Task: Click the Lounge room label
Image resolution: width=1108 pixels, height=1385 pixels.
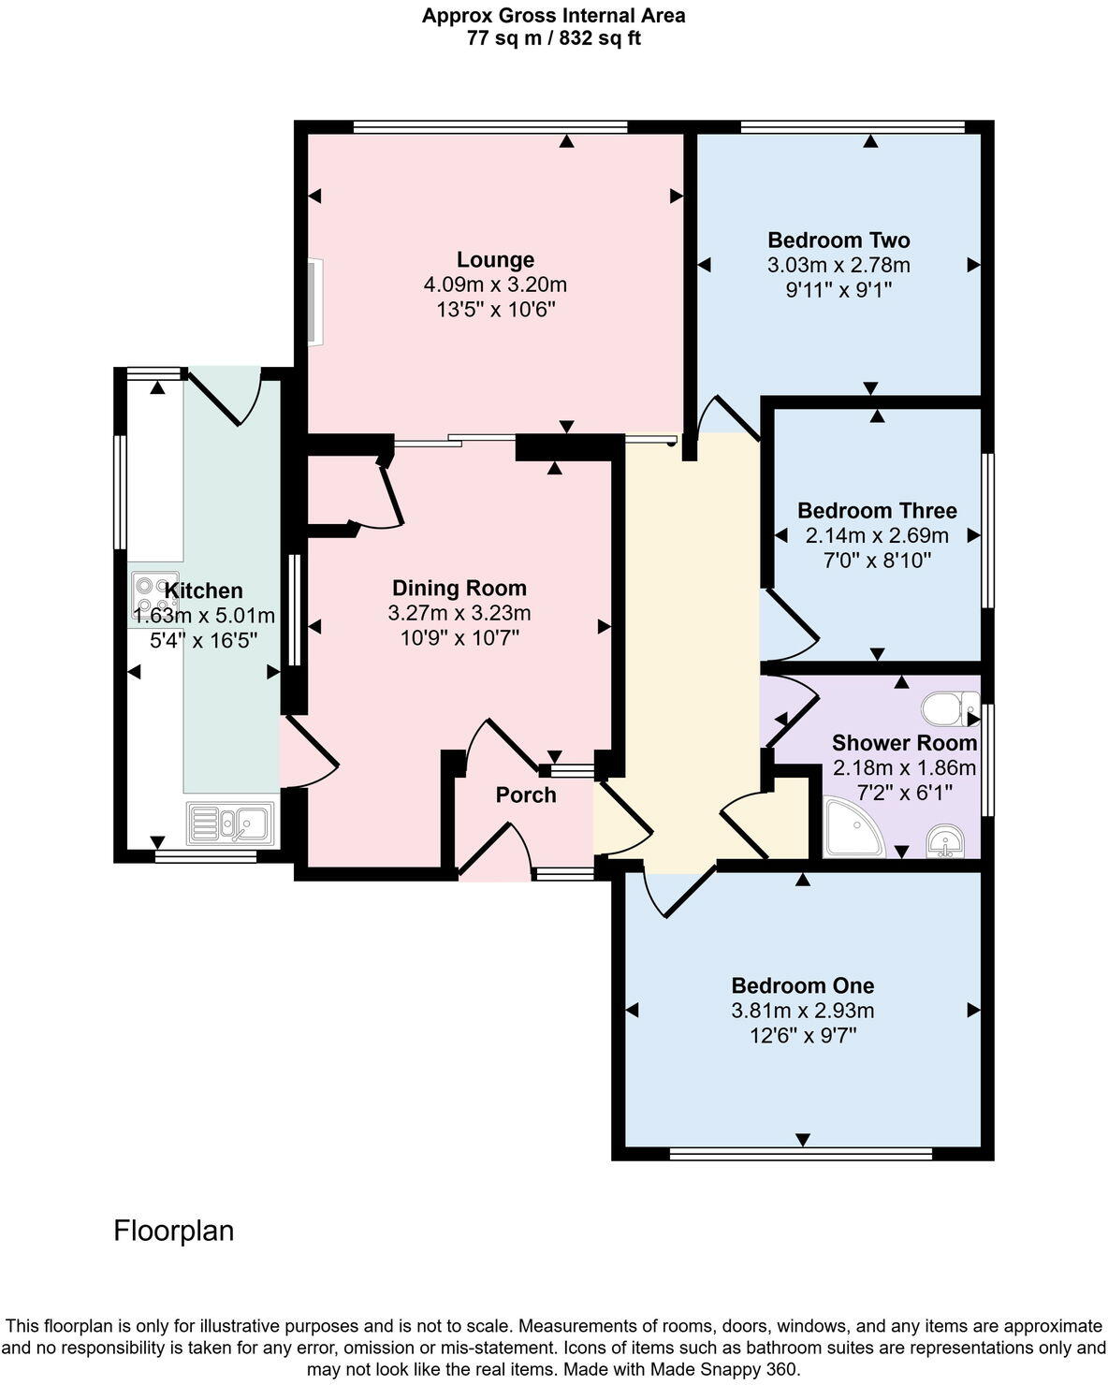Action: coord(495,259)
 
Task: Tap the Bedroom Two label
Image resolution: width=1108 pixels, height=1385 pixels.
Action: coord(838,240)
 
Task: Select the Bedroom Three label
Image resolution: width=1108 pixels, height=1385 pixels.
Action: coord(877,510)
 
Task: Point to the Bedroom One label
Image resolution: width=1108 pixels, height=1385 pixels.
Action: coord(803,985)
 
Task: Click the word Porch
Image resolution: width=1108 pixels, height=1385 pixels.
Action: coord(526,795)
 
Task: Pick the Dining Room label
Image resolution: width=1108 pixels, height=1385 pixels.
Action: coord(459,588)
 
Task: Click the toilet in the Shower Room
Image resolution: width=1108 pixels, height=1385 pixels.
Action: coord(949,708)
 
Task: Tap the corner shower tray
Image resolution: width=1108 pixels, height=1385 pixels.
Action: coord(852,828)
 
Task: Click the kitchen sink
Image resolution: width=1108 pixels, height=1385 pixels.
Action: coord(230,824)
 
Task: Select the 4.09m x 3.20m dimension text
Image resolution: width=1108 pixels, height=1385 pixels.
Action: coord(495,284)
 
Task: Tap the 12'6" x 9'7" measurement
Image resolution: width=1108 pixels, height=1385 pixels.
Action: coord(803,1036)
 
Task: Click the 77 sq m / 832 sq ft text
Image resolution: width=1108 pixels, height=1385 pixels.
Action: coord(553,38)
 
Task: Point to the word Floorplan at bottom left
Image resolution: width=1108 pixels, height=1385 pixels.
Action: coord(173,1230)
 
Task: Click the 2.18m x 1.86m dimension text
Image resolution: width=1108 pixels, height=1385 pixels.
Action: coord(904,768)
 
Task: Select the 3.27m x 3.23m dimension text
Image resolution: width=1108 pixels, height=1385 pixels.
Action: coord(459,613)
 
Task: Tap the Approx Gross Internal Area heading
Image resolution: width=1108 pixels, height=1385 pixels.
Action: coord(553,15)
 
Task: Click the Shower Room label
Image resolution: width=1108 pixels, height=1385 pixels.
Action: coord(904,743)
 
